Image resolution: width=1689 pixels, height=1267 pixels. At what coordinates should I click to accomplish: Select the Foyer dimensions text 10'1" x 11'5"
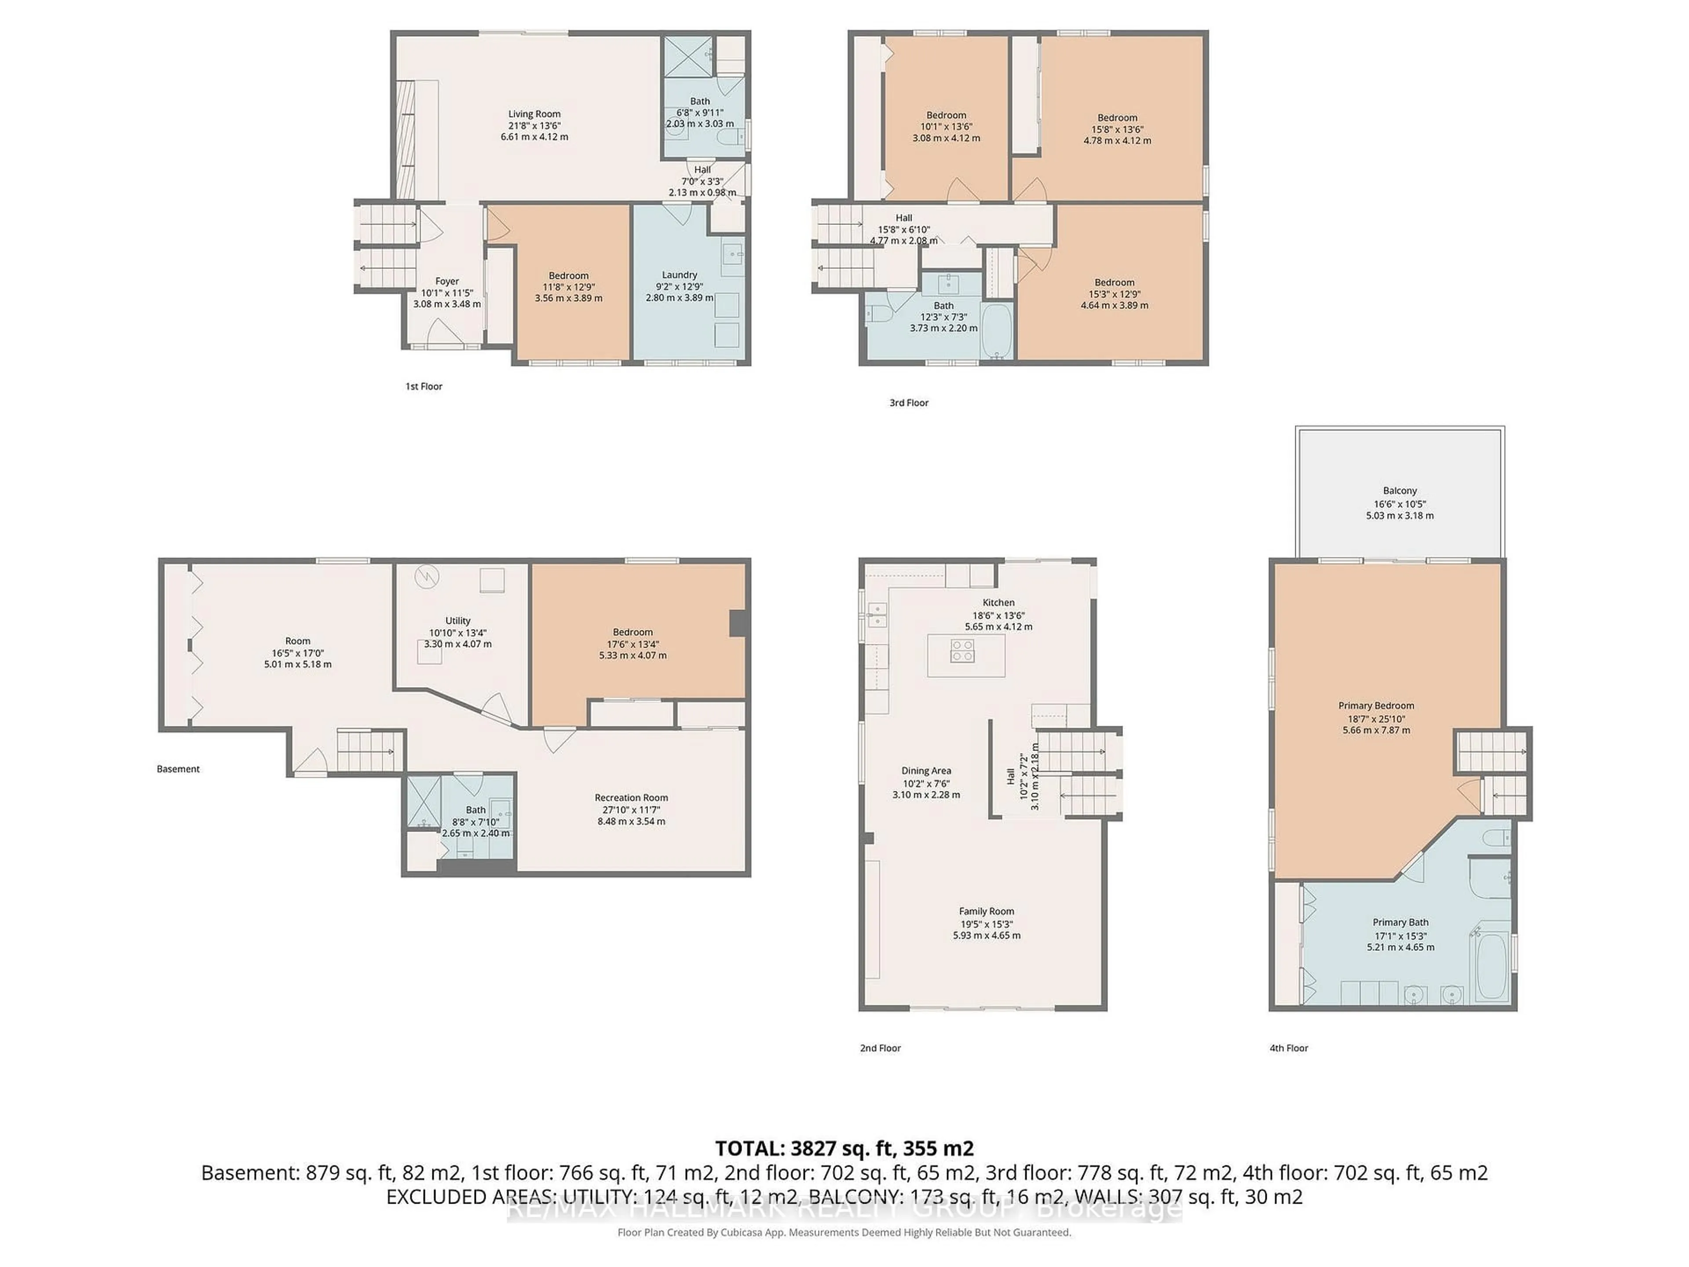click(x=447, y=293)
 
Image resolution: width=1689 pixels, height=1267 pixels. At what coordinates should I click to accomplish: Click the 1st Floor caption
click(x=424, y=386)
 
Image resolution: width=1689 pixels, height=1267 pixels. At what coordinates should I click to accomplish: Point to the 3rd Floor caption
click(x=909, y=403)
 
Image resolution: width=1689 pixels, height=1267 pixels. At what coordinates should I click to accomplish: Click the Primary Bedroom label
click(x=1376, y=706)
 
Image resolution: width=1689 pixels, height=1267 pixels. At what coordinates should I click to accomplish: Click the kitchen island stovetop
click(x=961, y=650)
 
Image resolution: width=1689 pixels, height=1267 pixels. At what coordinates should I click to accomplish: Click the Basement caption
click(x=178, y=769)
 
